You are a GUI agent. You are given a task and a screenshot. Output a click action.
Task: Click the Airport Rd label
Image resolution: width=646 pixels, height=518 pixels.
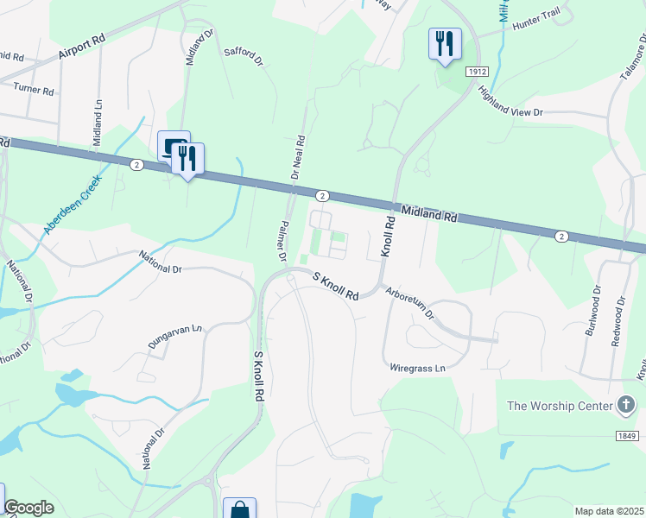click(x=82, y=47)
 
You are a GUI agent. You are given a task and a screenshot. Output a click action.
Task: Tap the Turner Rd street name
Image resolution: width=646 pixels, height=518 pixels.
click(x=34, y=91)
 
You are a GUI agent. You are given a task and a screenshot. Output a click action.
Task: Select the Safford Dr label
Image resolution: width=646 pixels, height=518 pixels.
click(x=242, y=54)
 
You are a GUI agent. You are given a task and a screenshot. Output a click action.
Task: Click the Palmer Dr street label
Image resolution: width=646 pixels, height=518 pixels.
click(x=282, y=240)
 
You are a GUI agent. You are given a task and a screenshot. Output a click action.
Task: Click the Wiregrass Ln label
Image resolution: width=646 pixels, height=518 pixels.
click(x=416, y=368)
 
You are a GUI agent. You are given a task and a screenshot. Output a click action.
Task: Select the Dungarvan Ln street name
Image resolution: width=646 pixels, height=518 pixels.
click(x=174, y=336)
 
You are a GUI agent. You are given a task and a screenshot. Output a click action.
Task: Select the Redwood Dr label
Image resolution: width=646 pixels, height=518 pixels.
click(x=618, y=321)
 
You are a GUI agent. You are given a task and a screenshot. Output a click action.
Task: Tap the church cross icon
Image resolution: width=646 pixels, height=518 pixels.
click(x=627, y=405)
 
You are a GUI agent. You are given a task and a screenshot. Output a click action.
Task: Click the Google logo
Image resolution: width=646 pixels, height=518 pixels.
click(x=28, y=508)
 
